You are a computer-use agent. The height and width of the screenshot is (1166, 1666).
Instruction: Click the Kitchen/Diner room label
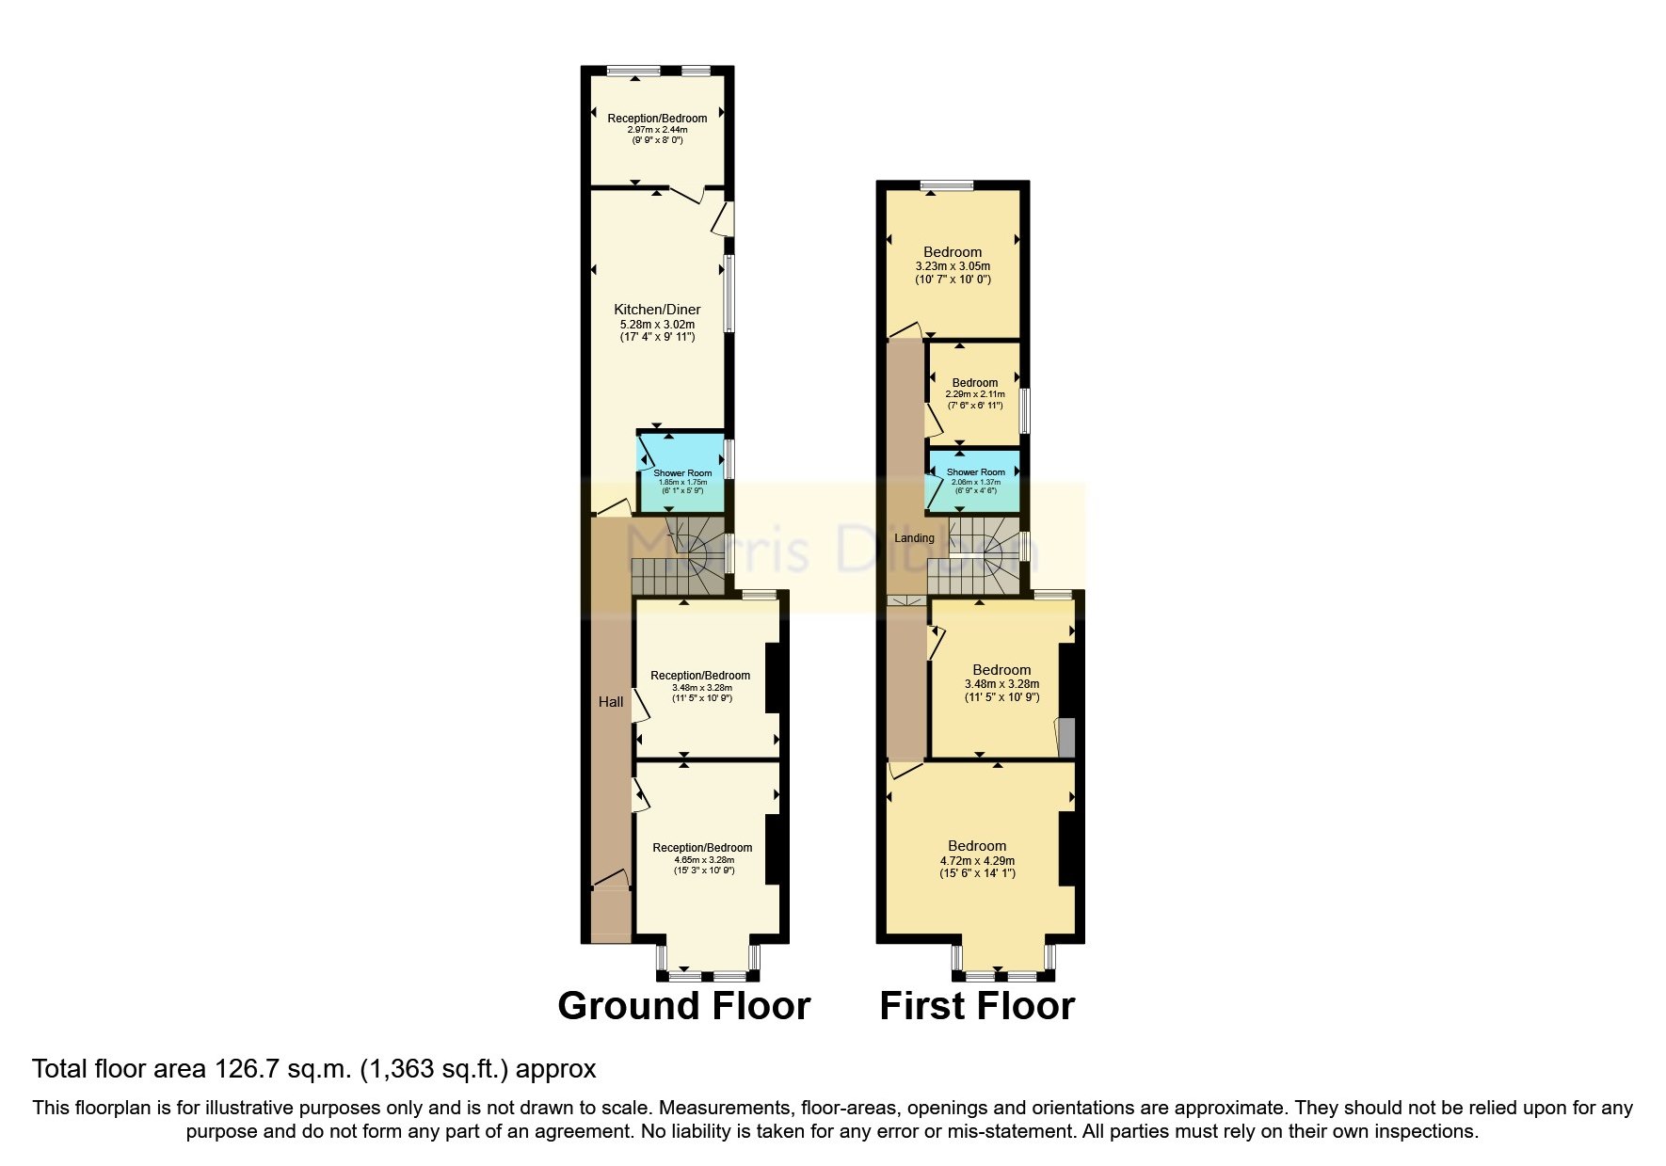pyautogui.click(x=657, y=310)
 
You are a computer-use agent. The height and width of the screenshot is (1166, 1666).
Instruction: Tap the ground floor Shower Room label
pyautogui.click(x=682, y=473)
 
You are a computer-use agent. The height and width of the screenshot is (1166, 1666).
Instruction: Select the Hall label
pyautogui.click(x=611, y=702)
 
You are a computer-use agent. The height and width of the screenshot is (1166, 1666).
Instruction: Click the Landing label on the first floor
pyautogui.click(x=914, y=538)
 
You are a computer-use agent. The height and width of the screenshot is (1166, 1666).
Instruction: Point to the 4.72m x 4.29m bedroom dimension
pyautogui.click(x=977, y=860)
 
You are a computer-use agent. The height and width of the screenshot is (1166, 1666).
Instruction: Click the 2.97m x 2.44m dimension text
pyautogui.click(x=657, y=130)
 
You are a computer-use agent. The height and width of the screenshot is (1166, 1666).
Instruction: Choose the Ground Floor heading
pyautogui.click(x=683, y=1006)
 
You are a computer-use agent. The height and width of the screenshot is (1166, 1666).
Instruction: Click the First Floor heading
pyautogui.click(x=976, y=1006)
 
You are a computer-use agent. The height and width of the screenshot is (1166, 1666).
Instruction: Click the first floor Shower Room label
pyautogui.click(x=975, y=472)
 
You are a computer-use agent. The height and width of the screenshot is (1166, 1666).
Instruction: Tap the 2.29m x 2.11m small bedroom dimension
pyautogui.click(x=975, y=394)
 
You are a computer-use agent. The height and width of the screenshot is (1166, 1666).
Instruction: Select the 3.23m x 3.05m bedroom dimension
pyautogui.click(x=953, y=266)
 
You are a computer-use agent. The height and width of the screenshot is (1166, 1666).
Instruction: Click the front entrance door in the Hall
pyautogui.click(x=611, y=881)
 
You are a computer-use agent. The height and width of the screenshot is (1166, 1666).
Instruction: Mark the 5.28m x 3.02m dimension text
pyautogui.click(x=657, y=325)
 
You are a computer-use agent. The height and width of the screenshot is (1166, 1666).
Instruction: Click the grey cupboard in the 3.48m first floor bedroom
pyautogui.click(x=1066, y=738)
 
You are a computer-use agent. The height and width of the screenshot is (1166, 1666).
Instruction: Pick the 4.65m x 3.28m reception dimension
pyautogui.click(x=704, y=859)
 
